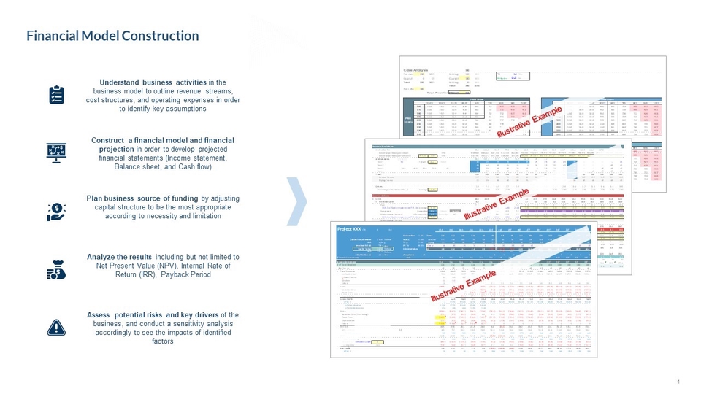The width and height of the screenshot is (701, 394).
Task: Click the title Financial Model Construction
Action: pos(112,36)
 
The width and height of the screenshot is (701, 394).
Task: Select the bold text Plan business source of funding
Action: pos(142,198)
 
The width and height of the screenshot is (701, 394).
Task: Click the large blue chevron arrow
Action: pos(294,200)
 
